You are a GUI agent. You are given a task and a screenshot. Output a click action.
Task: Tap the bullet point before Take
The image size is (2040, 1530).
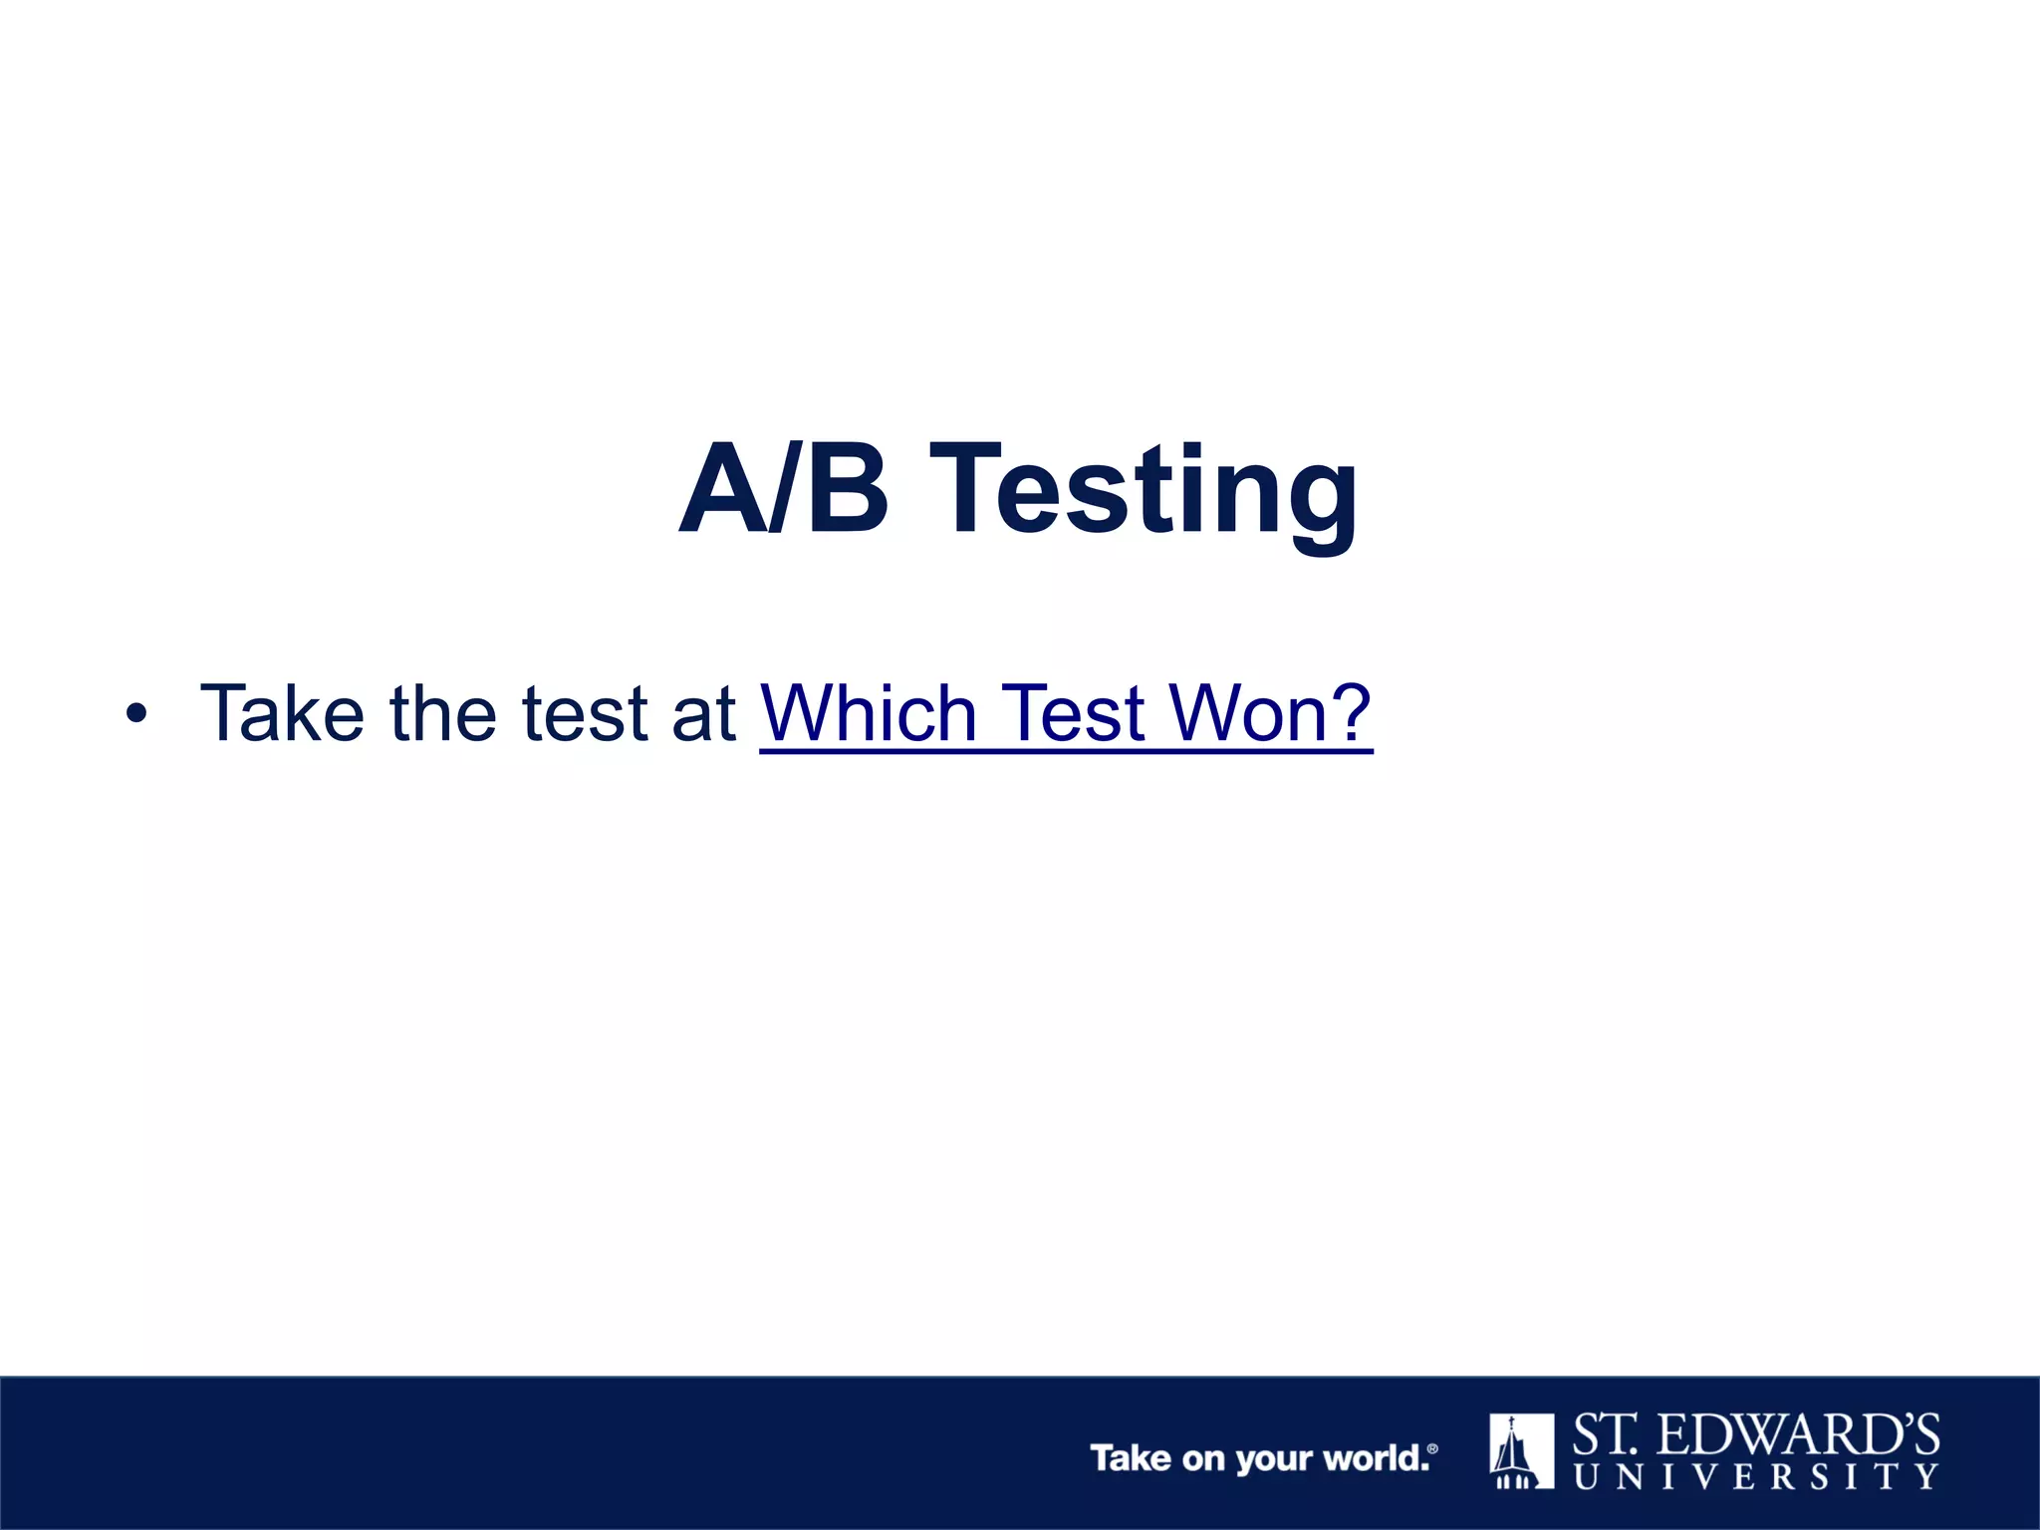(136, 714)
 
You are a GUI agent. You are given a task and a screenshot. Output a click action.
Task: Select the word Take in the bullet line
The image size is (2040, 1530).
(282, 713)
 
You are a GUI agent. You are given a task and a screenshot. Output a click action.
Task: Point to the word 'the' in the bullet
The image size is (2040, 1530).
(442, 713)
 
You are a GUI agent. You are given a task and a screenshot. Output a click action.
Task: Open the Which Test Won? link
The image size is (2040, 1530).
(1066, 713)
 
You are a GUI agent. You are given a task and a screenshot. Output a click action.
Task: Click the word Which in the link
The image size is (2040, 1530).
(868, 713)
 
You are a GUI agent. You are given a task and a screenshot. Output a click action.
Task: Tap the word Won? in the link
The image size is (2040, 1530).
(1271, 713)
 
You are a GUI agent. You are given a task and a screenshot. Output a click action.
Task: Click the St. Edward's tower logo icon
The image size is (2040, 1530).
(1521, 1450)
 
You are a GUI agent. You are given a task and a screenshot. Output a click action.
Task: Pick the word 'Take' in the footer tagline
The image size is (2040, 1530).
(1131, 1458)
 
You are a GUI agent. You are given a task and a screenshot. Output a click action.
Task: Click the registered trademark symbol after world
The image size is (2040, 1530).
(1432, 1448)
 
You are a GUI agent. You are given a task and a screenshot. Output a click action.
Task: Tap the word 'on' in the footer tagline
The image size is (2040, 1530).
(1203, 1459)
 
